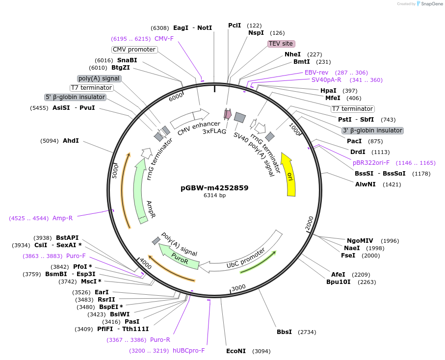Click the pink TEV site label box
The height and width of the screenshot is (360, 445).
click(281, 44)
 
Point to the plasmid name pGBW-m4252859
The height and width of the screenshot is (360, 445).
click(214, 187)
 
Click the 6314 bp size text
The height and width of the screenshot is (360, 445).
click(214, 195)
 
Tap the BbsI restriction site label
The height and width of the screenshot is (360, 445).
click(284, 332)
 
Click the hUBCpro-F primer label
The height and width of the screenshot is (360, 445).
click(188, 351)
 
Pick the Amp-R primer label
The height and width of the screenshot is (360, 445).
click(62, 218)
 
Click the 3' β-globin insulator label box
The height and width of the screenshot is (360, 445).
click(372, 130)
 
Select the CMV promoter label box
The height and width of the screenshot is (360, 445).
click(134, 50)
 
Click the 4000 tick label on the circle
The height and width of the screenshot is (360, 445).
click(145, 263)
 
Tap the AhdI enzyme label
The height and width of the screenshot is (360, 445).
click(71, 141)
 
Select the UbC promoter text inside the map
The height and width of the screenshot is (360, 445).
click(246, 258)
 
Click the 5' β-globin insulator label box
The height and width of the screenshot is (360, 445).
click(75, 97)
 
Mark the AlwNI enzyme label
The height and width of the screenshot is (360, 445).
click(365, 184)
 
